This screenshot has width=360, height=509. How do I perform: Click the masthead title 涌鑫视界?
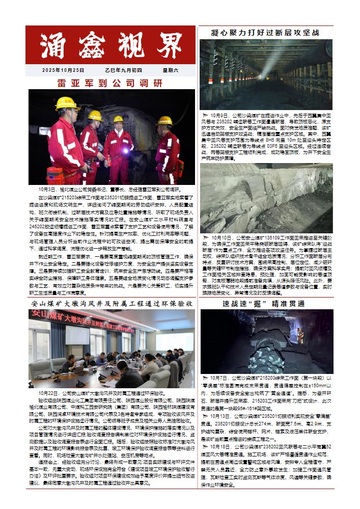[x=111, y=46]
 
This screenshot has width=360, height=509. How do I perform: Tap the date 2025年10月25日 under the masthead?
[x=63, y=70]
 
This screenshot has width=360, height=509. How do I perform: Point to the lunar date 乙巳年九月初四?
[x=123, y=70]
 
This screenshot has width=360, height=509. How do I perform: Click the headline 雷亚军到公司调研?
[x=109, y=83]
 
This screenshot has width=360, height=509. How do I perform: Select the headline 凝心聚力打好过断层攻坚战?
[x=265, y=33]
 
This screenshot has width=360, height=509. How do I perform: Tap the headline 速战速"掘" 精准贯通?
[x=265, y=304]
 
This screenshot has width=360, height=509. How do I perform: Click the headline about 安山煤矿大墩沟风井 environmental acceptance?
[x=112, y=304]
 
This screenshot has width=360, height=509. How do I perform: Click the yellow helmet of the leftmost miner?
[x=67, y=102]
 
